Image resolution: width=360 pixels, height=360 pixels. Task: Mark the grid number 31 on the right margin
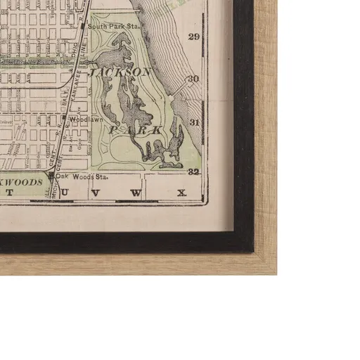coord(195,122)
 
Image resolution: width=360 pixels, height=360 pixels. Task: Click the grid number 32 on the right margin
coord(195,171)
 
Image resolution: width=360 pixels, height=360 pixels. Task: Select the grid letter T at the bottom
coord(10,192)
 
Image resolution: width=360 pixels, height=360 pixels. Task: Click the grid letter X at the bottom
coord(181,192)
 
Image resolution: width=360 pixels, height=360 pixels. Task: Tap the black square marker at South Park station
coord(83,27)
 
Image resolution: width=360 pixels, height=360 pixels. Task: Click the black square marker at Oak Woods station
coord(51,176)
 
